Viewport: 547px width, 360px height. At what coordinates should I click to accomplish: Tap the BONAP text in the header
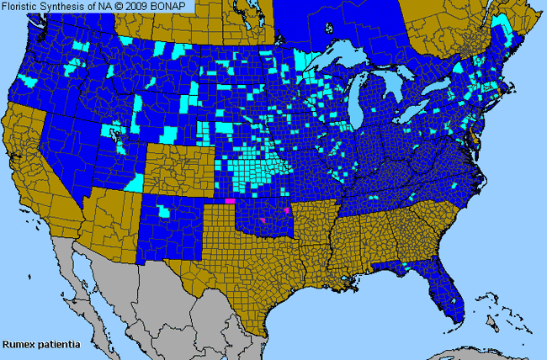(x=179, y=7)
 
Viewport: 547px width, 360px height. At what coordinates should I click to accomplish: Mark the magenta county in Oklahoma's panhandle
(x=230, y=201)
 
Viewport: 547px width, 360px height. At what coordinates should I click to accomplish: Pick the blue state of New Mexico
(x=173, y=227)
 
